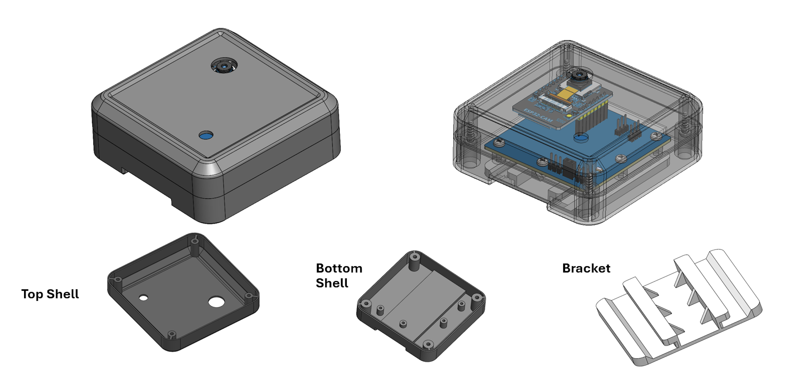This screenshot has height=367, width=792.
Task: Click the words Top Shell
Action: pyautogui.click(x=50, y=294)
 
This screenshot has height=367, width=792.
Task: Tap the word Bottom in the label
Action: pyautogui.click(x=339, y=268)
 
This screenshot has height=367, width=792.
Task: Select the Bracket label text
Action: pyautogui.click(x=586, y=268)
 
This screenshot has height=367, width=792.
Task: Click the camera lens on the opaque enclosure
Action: pyautogui.click(x=225, y=66)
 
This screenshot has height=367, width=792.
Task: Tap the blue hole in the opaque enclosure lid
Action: pyautogui.click(x=206, y=135)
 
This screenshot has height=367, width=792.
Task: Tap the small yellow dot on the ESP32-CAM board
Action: pyautogui.click(x=568, y=116)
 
